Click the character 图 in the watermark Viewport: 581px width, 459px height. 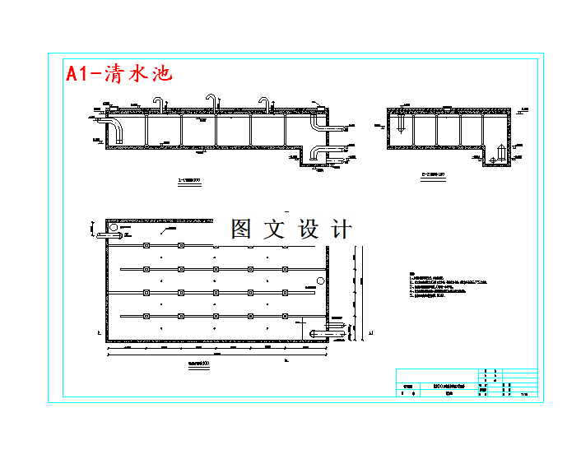tap(241, 229)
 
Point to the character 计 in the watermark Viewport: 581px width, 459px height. tap(341, 229)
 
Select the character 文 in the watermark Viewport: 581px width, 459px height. tap(274, 229)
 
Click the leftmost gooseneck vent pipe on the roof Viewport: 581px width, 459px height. tap(159, 102)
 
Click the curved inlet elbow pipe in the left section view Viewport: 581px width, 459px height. tap(116, 130)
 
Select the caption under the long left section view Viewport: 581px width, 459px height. tap(191, 178)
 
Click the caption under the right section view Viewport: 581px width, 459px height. tap(434, 174)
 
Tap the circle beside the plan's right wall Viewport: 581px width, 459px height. tap(322, 280)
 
